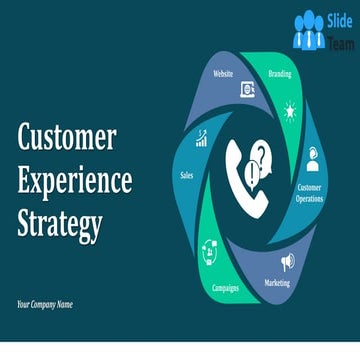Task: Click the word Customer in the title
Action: tap(66, 139)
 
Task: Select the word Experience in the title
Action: tap(75, 181)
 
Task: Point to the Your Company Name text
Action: tap(45, 304)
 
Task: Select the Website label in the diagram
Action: tap(224, 73)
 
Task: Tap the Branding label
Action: tap(280, 73)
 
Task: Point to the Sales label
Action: tap(186, 174)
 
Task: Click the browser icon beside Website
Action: tap(246, 90)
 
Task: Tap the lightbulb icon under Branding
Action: tap(290, 109)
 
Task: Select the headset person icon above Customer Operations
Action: tap(313, 158)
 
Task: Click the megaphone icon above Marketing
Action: tap(288, 261)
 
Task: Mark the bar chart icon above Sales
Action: tap(202, 139)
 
